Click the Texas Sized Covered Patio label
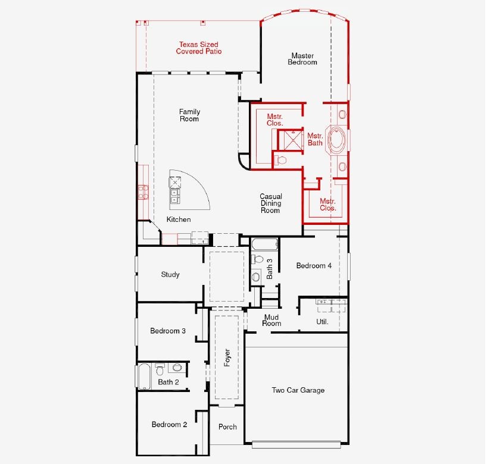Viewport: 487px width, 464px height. point(198,48)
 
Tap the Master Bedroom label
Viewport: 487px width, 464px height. point(302,59)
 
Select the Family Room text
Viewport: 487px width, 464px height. point(189,115)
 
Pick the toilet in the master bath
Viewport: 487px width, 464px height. point(280,160)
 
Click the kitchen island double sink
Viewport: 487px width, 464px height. point(174,196)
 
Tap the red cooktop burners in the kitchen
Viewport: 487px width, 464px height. point(143,192)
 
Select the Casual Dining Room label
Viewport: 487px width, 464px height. point(271,203)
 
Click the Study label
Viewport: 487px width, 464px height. point(170,274)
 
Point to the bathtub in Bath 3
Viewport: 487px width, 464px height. point(264,244)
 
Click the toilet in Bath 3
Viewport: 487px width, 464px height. point(257,259)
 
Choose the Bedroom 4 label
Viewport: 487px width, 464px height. point(314,266)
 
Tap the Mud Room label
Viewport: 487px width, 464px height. point(271,320)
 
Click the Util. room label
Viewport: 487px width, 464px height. point(322,322)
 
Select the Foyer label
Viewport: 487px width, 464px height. point(227,358)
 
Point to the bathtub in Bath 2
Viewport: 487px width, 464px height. point(144,376)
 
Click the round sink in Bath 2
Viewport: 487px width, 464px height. point(177,368)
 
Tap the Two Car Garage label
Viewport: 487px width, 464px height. point(298,390)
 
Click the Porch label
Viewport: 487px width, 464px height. point(227,427)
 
